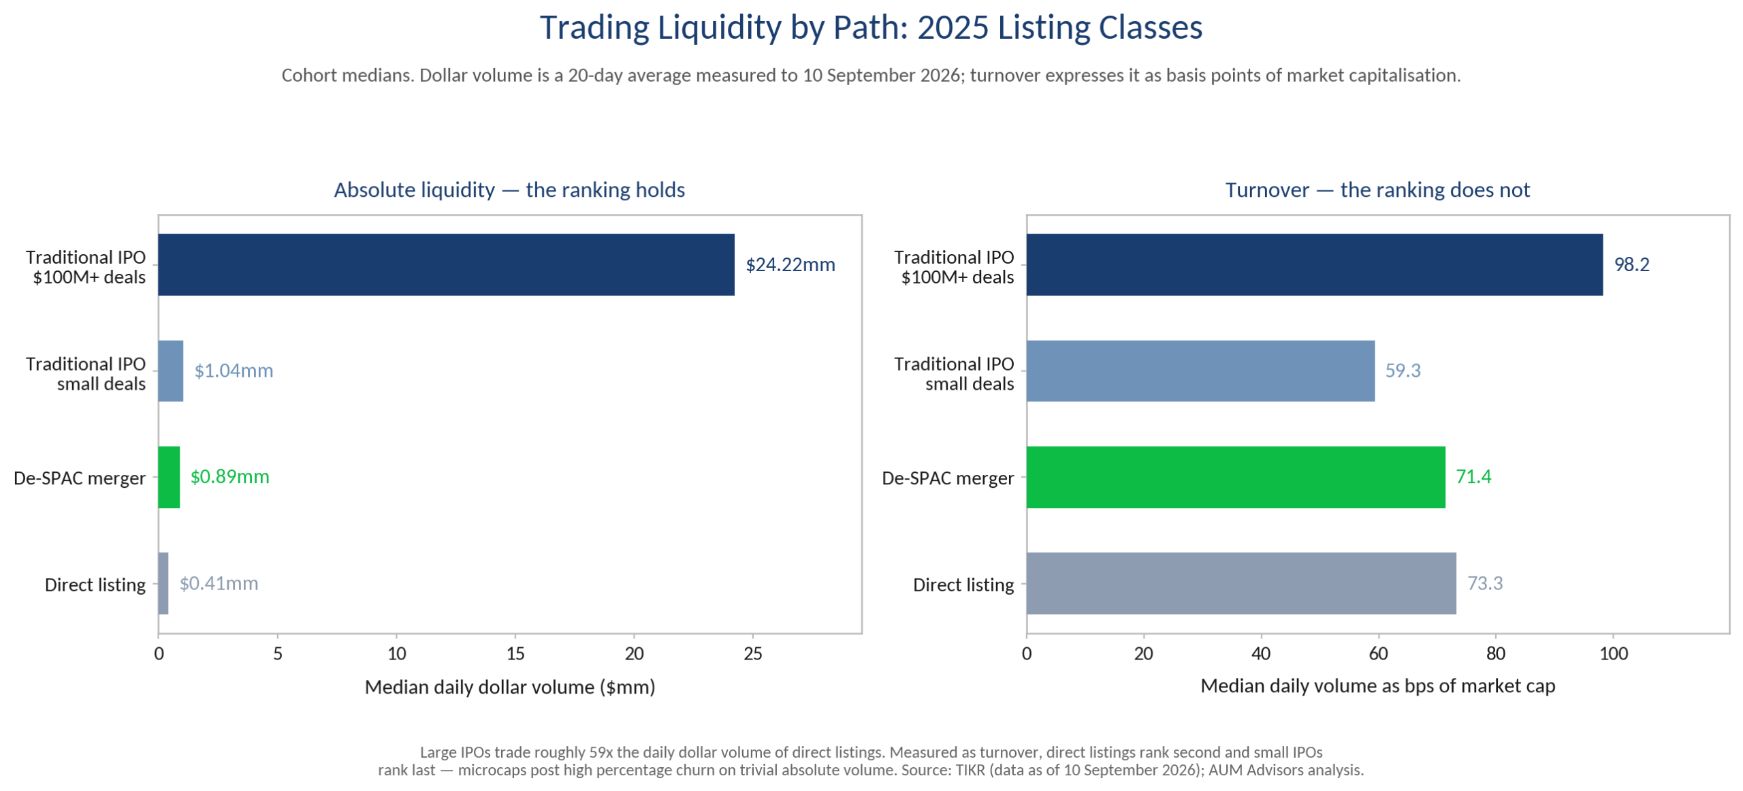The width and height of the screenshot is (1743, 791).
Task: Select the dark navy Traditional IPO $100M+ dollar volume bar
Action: tap(446, 264)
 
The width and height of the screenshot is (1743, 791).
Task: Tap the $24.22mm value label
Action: tap(790, 264)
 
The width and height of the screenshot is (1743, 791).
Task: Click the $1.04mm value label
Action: tap(234, 371)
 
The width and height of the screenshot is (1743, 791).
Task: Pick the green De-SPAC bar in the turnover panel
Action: tap(1235, 477)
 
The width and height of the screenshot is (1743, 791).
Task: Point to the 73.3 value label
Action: tap(1484, 583)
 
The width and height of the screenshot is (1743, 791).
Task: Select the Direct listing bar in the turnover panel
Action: tap(1241, 583)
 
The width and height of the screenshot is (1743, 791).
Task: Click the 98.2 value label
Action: tap(1631, 264)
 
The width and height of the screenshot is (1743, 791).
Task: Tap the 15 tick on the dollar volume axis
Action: tap(515, 654)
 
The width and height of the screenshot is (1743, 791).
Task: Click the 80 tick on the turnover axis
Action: tap(1495, 654)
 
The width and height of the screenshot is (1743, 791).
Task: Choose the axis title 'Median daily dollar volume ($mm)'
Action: tap(510, 687)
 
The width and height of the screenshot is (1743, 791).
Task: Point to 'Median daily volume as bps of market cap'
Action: tap(1377, 686)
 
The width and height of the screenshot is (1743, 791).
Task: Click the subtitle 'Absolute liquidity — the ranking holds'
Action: tap(509, 189)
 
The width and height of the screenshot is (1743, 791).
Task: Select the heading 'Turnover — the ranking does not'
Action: tap(1377, 189)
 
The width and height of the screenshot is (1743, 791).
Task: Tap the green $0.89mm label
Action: tap(229, 477)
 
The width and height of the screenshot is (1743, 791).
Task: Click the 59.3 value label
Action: tap(1403, 371)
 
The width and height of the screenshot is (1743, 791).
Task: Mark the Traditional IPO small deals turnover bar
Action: tap(1200, 371)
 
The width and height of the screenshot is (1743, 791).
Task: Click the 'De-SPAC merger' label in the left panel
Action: tap(80, 478)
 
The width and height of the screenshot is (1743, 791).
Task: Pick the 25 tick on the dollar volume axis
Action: tap(752, 654)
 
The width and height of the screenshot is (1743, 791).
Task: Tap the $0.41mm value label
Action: tap(219, 583)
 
